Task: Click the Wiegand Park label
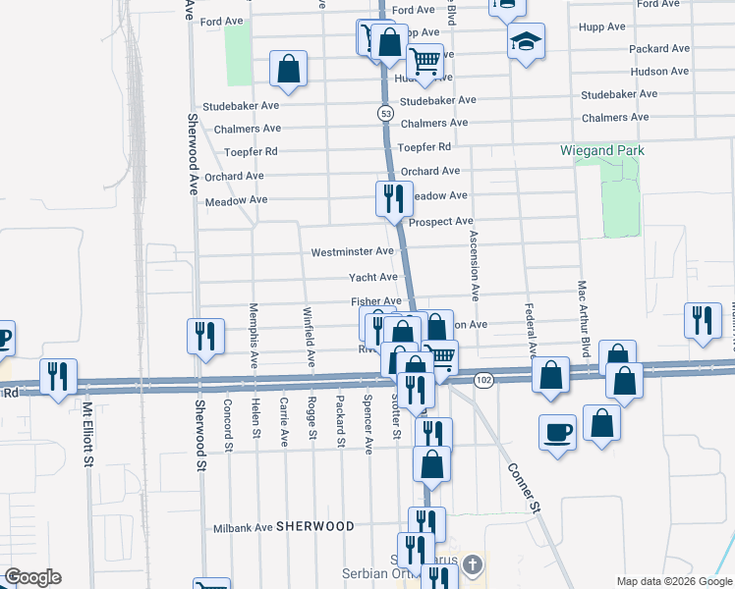click(601, 150)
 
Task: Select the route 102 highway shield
click(482, 379)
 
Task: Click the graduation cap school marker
click(527, 42)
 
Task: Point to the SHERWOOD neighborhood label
click(314, 526)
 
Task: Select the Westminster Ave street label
click(352, 252)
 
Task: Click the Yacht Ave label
click(373, 277)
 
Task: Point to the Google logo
click(32, 577)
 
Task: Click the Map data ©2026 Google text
click(674, 581)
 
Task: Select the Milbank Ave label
click(243, 527)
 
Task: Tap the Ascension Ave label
click(474, 267)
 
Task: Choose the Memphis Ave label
click(254, 334)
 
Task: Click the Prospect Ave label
click(441, 222)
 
